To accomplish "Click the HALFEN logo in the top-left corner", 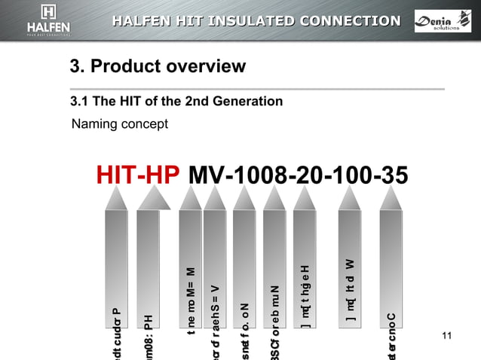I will pyautogui.click(x=48, y=21).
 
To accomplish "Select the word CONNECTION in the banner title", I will pyautogui.click(x=350, y=20).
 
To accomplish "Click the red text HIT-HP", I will pyautogui.click(x=138, y=175).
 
